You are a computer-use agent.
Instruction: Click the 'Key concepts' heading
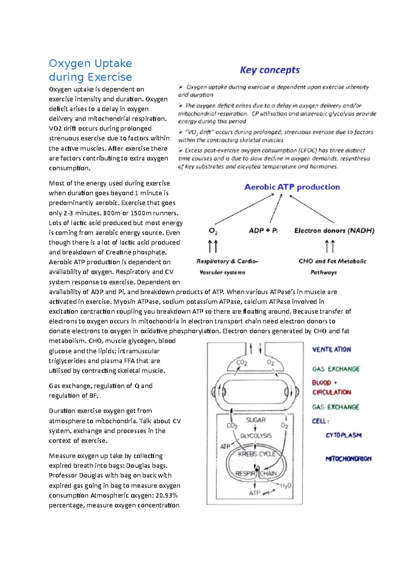[x=270, y=70]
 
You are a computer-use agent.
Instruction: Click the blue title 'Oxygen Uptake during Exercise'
[x=90, y=70]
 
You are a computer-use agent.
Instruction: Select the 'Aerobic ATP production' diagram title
[x=292, y=187]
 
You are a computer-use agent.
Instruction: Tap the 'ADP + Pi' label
[x=263, y=231]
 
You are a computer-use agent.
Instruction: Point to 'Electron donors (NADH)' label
[x=334, y=231]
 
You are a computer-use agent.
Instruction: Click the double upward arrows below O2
[x=213, y=246]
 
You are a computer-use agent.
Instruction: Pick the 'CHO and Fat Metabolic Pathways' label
[x=332, y=266]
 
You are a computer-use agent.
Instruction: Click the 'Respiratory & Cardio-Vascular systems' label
[x=227, y=266]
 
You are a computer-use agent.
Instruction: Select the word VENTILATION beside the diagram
[x=331, y=350]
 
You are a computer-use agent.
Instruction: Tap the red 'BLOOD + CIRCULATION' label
[x=331, y=387]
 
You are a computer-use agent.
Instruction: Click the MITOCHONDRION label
[x=348, y=459]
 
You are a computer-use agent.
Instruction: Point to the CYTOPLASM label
[x=343, y=435]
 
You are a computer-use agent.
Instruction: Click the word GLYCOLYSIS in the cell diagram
[x=256, y=436]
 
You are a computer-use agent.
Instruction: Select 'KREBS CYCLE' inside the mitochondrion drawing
[x=257, y=454]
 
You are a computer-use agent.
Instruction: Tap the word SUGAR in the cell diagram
[x=256, y=420]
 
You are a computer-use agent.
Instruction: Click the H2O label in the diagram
[x=285, y=485]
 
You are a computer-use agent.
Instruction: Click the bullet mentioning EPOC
[x=274, y=158]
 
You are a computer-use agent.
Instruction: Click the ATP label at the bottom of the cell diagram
[x=255, y=493]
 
